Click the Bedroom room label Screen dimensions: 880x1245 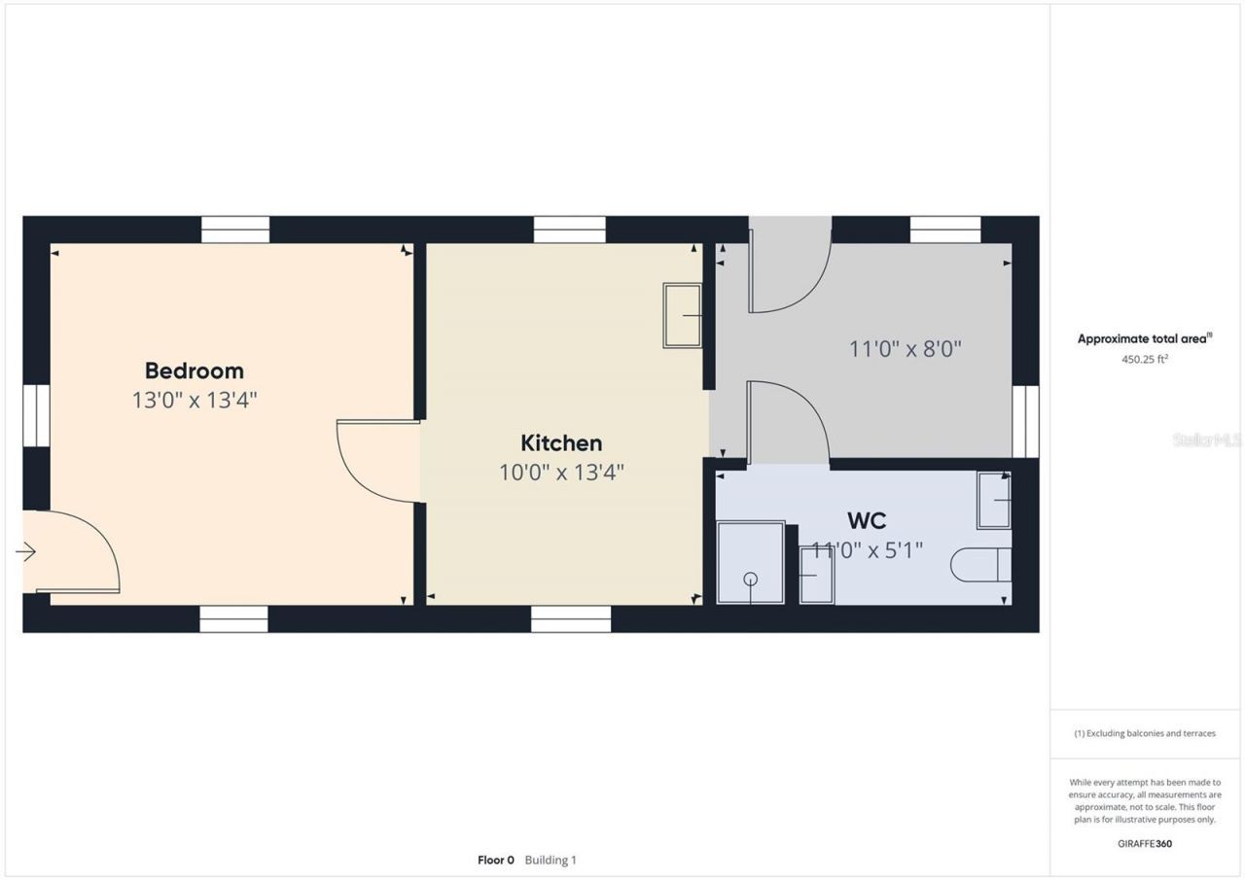coord(194,370)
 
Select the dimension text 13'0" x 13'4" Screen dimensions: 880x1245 coord(194,400)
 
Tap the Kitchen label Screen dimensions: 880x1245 coord(561,443)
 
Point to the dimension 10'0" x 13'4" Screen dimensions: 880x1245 coord(561,473)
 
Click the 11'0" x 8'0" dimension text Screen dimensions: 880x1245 coord(905,349)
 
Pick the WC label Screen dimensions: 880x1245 coord(866,520)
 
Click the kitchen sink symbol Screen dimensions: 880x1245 coord(682,315)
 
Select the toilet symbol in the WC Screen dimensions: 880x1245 coord(981,565)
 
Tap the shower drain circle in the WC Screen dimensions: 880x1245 coord(750,579)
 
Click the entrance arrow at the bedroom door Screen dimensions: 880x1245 coord(26,552)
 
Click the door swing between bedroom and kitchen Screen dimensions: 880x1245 coord(374,462)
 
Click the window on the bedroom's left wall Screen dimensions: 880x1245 coord(36,415)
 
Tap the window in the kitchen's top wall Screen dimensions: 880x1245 coord(569,229)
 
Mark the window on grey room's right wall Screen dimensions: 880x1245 coord(1025,421)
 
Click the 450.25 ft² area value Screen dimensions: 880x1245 coord(1145,359)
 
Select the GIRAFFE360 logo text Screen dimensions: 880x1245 coord(1145,844)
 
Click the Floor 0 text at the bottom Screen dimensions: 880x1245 coord(495,861)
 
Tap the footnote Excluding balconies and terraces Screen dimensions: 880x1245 coord(1145,733)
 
